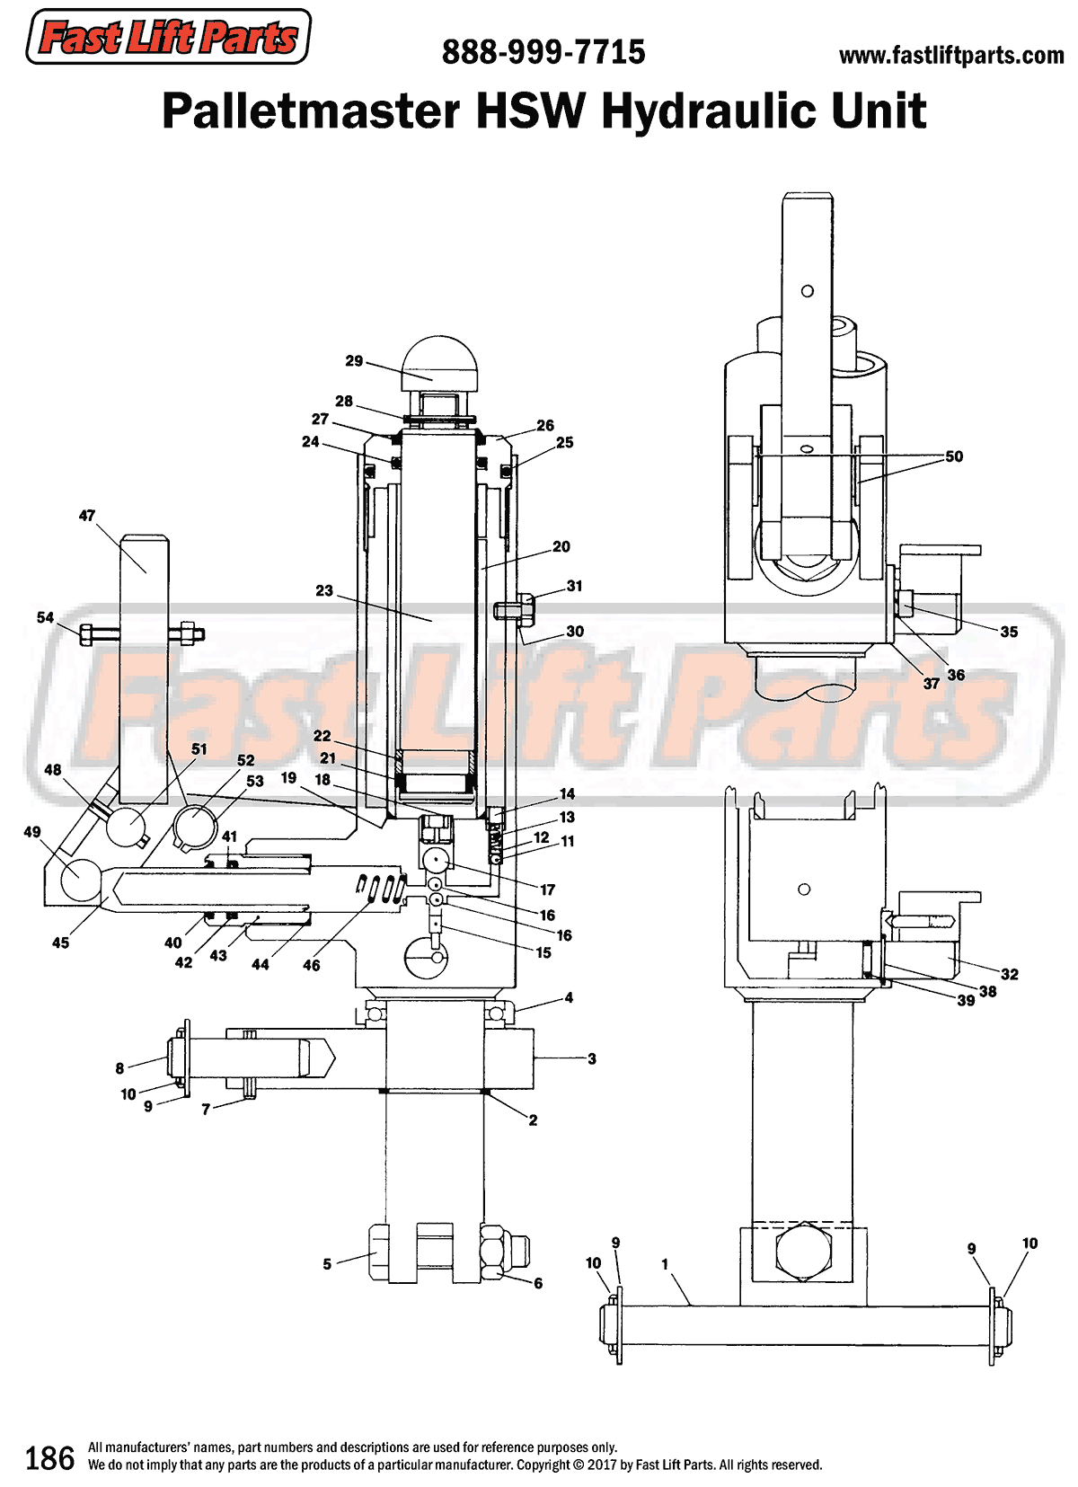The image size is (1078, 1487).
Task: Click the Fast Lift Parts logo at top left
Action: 168,38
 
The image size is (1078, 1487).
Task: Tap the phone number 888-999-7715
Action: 543,53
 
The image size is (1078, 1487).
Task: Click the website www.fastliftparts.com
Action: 950,56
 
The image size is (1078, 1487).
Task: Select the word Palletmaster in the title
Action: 311,111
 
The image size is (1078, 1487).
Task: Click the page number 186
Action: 49,1458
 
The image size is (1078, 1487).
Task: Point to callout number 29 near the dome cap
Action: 354,361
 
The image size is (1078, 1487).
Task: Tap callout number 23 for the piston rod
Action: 324,591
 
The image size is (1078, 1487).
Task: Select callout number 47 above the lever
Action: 86,516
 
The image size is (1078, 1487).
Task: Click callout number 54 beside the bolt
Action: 45,617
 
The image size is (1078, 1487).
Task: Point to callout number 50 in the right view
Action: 954,456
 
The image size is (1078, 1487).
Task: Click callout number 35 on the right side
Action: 1009,632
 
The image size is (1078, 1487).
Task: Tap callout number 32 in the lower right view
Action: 1010,974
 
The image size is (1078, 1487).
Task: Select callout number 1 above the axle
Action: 665,1264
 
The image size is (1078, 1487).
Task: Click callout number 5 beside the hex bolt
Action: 327,1264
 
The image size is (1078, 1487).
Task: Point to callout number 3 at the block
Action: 592,1059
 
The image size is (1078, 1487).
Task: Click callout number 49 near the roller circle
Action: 32,832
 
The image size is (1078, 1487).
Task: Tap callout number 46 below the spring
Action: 311,965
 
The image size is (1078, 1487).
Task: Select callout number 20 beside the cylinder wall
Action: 561,546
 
